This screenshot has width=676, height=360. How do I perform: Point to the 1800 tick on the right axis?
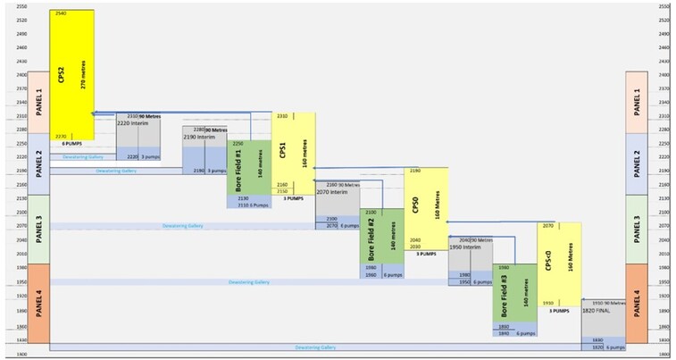coord(662,354)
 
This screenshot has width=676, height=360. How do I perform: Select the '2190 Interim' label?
coord(201,137)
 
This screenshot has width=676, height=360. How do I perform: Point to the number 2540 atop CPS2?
coord(61,14)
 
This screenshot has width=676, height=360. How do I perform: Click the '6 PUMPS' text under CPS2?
coord(72,143)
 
